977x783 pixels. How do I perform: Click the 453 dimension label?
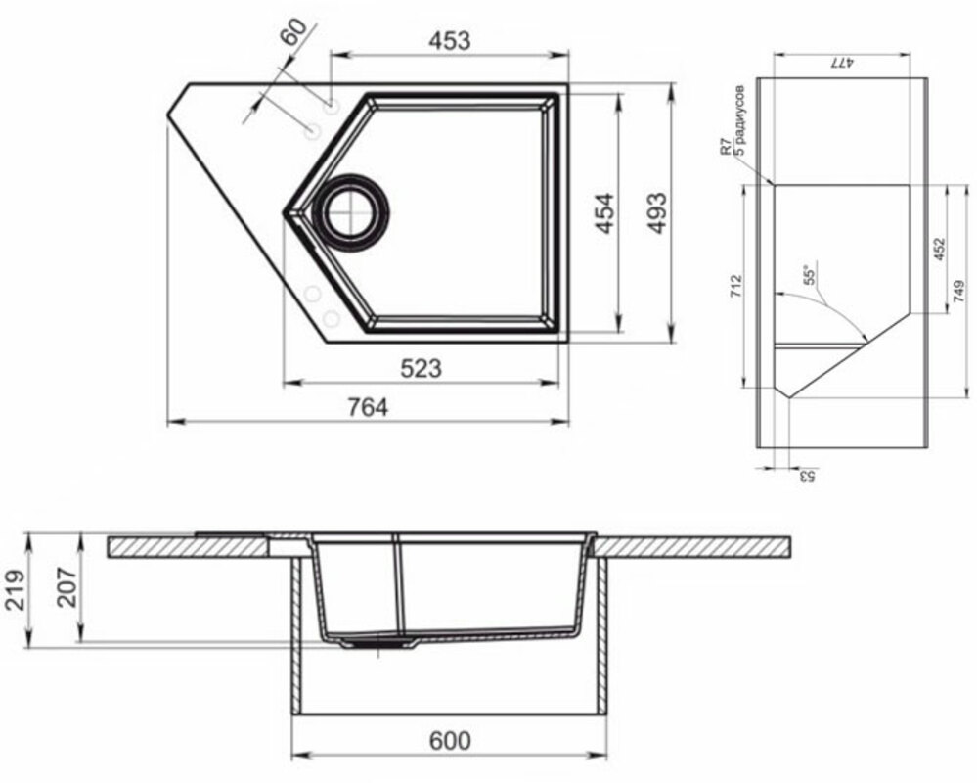pos(449,41)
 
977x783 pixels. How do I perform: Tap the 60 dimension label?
pos(294,32)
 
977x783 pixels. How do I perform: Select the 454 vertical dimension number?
pos(604,213)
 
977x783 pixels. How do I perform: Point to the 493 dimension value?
pos(657,213)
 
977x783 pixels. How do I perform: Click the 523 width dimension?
pos(421,368)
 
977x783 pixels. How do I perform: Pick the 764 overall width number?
pos(368,408)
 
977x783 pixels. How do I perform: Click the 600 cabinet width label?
pos(450,741)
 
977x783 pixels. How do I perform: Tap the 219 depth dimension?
pos(15,590)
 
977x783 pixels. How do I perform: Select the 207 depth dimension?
pos(67,587)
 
